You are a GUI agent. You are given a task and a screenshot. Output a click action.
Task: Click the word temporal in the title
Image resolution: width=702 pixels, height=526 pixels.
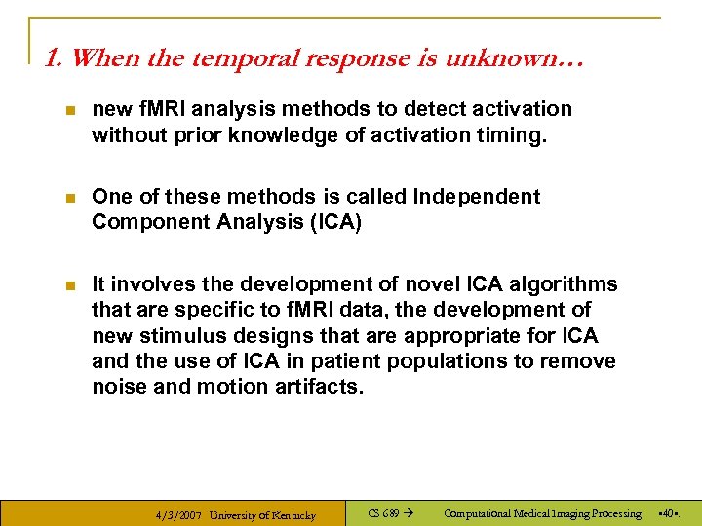(x=239, y=58)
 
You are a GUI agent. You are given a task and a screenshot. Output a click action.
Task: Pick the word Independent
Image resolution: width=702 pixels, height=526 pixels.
(x=477, y=196)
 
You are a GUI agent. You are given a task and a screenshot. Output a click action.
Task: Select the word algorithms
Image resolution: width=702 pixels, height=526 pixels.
(x=568, y=283)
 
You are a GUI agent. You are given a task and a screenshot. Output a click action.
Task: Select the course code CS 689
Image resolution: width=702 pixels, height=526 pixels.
(x=383, y=513)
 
